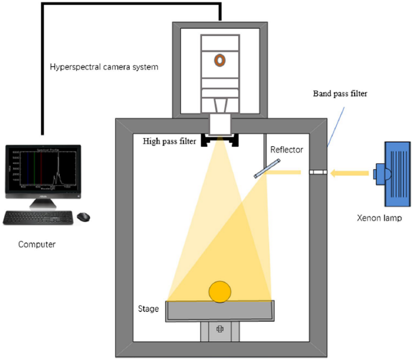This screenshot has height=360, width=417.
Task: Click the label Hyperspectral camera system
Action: [x=104, y=67]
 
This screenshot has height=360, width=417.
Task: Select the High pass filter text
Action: [x=170, y=142]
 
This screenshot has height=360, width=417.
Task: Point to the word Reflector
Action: [x=287, y=150]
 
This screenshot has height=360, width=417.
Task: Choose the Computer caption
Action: [x=36, y=244]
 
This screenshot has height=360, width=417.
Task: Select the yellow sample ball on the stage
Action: [x=220, y=292]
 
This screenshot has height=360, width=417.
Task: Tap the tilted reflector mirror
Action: [x=267, y=168]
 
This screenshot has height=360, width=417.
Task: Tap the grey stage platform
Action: [x=220, y=310]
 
